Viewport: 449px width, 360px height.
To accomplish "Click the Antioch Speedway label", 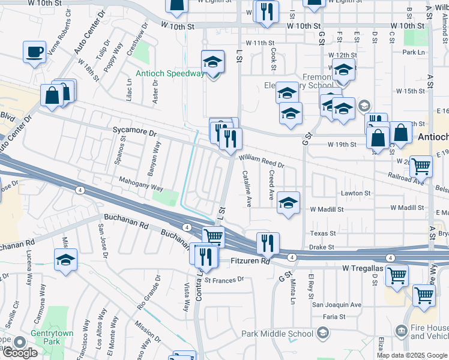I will tap(170, 74).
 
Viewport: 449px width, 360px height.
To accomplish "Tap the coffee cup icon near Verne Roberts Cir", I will tap(35, 52).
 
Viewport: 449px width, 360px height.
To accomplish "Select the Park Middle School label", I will tap(277, 334).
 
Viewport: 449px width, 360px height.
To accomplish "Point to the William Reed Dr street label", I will tap(261, 160).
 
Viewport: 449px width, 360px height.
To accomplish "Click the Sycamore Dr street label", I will tap(134, 130).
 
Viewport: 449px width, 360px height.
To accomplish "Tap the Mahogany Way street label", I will tap(140, 188).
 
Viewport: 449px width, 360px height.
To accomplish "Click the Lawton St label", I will tap(356, 194).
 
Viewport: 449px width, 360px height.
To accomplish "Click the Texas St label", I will tap(323, 233).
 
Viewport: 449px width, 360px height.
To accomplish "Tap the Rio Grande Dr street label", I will tap(149, 292).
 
